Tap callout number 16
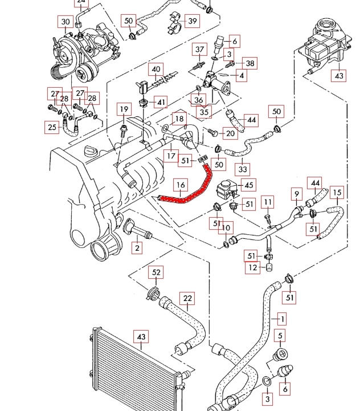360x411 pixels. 181,185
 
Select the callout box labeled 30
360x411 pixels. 65,22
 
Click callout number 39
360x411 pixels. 192,21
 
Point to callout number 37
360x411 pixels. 199,50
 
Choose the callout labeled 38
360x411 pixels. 249,63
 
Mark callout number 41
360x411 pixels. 161,103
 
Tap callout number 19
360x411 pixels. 124,109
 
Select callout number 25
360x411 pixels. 52,127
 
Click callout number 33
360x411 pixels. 243,169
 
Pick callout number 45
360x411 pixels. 248,185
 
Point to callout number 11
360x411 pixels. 268,202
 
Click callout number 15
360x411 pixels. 336,193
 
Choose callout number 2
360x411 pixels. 137,247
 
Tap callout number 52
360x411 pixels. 156,273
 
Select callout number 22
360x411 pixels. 187,298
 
